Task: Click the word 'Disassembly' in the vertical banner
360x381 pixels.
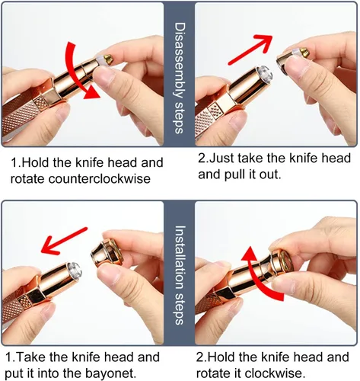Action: pyautogui.click(x=180, y=61)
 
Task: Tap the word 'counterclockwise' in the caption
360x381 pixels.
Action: pyautogui.click(x=99, y=179)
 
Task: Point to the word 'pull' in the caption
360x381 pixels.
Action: pyautogui.click(x=237, y=174)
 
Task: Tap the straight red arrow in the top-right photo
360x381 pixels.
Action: pyautogui.click(x=250, y=50)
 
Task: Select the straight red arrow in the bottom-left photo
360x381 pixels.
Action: pyautogui.click(x=64, y=241)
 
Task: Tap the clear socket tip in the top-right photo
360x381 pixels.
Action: pyautogui.click(x=265, y=73)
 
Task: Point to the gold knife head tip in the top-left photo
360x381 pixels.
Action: pyautogui.click(x=108, y=59)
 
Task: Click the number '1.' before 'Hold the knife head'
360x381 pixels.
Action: pyautogui.click(x=15, y=162)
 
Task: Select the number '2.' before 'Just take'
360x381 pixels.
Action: pyautogui.click(x=204, y=158)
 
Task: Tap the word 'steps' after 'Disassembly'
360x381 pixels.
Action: pyautogui.click(x=179, y=117)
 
